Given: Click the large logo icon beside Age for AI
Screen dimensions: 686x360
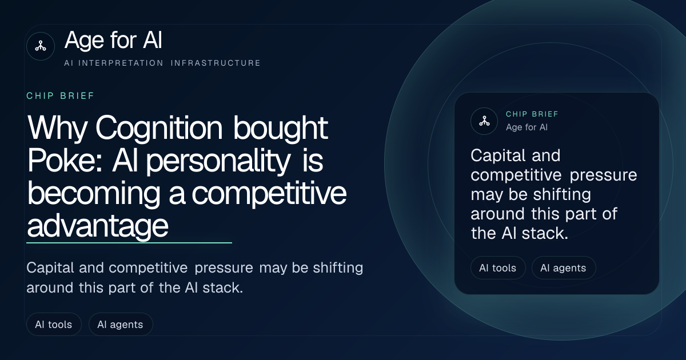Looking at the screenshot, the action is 41,46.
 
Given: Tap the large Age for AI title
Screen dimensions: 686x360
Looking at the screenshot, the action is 113,40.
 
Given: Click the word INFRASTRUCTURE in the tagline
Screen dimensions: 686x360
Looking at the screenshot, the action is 216,63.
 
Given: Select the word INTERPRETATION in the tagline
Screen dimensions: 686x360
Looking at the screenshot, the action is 121,63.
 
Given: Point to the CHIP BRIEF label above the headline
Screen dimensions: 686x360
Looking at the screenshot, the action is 61,96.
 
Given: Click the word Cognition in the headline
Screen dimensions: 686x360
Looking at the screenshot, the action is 159,129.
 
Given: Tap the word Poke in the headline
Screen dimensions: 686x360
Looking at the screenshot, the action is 65,161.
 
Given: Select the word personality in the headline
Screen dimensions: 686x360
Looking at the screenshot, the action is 218,161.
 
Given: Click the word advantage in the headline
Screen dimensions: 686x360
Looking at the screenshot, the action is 98,226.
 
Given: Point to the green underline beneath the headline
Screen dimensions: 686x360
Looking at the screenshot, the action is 129,243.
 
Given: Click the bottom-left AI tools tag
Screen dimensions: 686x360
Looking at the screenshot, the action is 54,324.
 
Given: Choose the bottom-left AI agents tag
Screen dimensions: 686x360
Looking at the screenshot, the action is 121,324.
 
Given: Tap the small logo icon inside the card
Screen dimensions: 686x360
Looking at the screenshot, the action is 484,121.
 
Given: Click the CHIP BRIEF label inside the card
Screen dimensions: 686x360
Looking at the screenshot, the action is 532,114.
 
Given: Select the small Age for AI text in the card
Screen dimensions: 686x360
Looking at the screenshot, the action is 527,127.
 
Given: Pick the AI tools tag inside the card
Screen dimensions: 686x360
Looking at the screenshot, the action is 498,268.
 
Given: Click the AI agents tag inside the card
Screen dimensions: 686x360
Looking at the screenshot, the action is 564,268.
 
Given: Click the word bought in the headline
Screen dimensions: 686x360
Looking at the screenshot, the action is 281,129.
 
